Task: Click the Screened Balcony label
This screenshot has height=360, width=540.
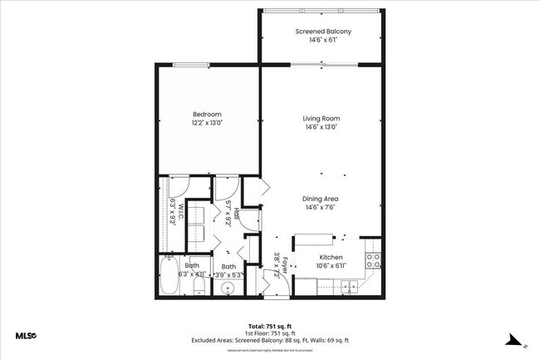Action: pyautogui.click(x=323, y=32)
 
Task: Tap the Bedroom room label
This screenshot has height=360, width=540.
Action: pyautogui.click(x=207, y=114)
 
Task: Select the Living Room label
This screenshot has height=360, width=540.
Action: pyautogui.click(x=321, y=119)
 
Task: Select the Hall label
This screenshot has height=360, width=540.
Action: pyautogui.click(x=236, y=214)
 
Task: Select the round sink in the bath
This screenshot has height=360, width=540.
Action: pyautogui.click(x=228, y=288)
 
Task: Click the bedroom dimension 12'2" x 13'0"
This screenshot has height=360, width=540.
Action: pyautogui.click(x=207, y=123)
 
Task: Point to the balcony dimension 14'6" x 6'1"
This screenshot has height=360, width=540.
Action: pyautogui.click(x=323, y=40)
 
